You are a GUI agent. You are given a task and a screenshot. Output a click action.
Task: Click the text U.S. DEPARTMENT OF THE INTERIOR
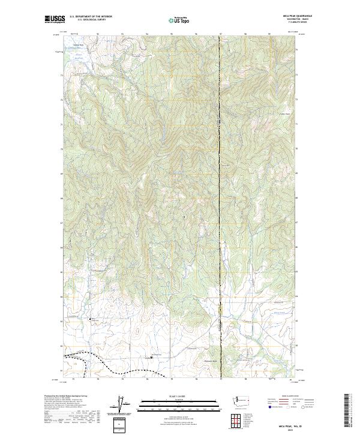tap(91, 16)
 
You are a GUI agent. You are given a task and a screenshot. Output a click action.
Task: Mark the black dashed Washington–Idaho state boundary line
tap(220, 180)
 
